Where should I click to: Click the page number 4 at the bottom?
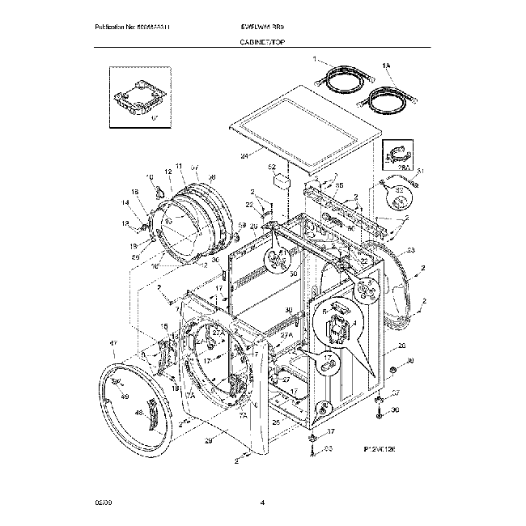click(x=262, y=503)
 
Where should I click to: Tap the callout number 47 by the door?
click(x=114, y=343)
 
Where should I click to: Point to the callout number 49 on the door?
click(x=125, y=397)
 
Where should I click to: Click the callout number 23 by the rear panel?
click(x=410, y=251)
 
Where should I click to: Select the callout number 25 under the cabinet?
click(x=275, y=422)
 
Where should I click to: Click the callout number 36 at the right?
click(x=396, y=409)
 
